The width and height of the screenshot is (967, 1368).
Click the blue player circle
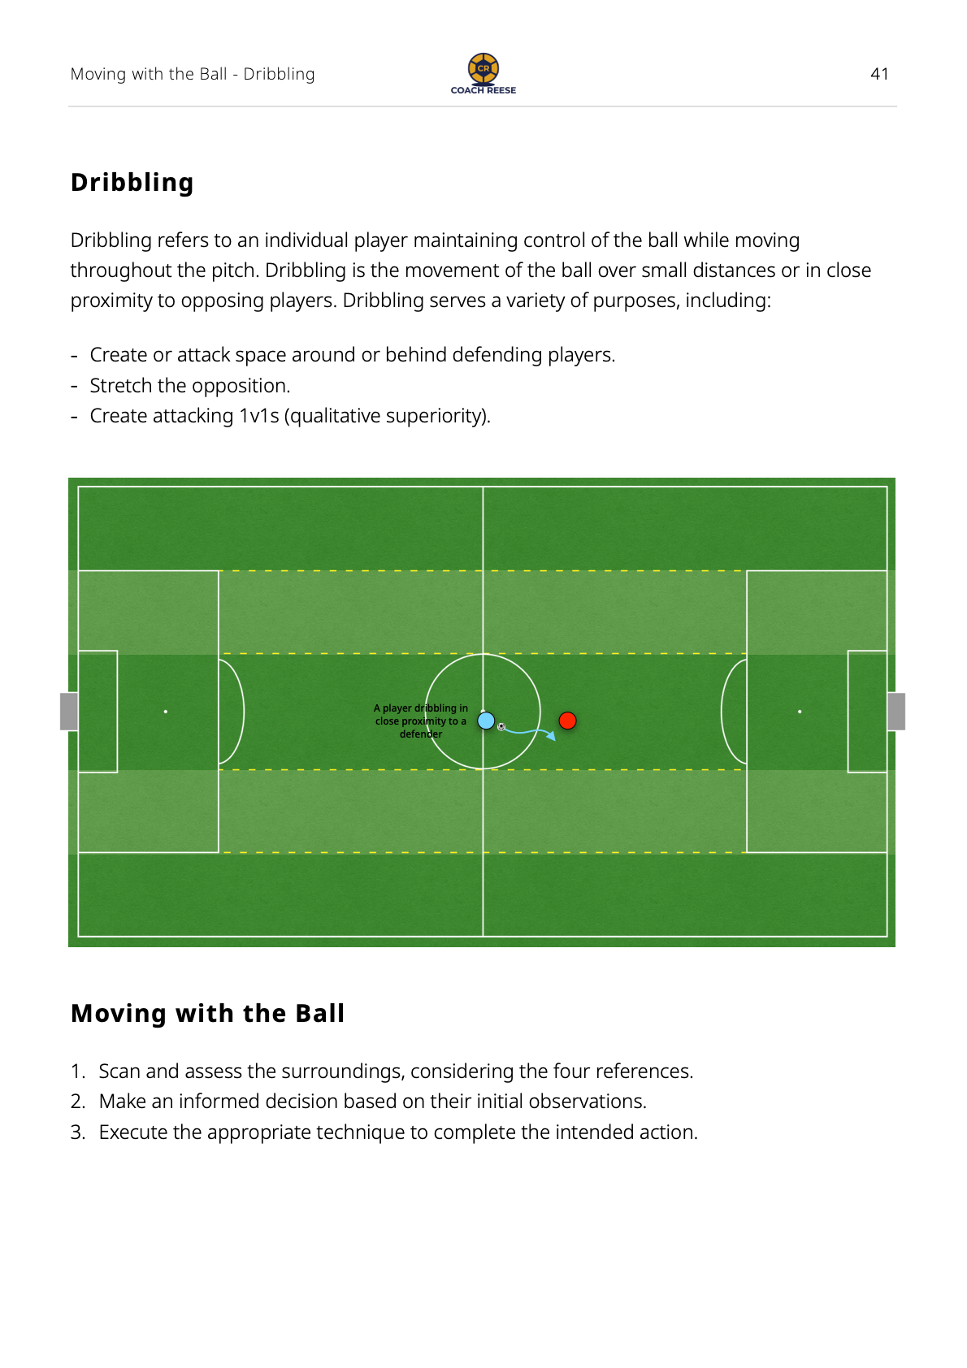point(486,721)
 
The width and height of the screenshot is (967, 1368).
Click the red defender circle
point(567,721)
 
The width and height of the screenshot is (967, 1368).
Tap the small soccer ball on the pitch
point(501,727)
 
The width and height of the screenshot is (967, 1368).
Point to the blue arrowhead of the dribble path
point(552,737)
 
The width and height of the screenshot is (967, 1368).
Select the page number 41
point(879,74)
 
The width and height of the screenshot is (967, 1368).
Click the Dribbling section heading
point(132,183)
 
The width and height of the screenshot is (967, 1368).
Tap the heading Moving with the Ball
point(208,1013)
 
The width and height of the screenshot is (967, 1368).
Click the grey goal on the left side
point(69,712)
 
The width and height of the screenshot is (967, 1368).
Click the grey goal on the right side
point(896,712)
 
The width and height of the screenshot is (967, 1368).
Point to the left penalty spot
point(166,712)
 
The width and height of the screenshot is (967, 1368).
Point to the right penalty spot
point(800,712)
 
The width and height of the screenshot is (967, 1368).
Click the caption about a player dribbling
point(421,721)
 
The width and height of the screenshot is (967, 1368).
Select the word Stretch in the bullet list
point(121,386)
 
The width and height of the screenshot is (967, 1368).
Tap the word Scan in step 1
point(119,1071)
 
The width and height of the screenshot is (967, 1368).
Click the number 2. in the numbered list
point(77,1102)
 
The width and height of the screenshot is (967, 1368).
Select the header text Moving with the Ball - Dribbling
point(193,74)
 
